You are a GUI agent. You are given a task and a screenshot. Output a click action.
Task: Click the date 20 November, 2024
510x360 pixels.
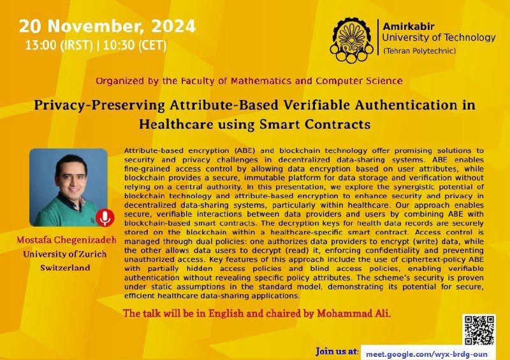coord(108,26)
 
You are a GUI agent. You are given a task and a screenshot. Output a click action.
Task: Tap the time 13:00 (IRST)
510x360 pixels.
coord(59,45)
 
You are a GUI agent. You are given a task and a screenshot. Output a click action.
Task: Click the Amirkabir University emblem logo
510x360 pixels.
coord(351,40)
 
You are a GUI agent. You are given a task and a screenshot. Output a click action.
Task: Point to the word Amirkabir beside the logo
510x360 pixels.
coord(409,26)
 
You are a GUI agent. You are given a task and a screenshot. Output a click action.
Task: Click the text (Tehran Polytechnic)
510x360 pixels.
coord(419,51)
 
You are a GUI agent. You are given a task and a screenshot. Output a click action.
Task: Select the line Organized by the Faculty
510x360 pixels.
coord(249,81)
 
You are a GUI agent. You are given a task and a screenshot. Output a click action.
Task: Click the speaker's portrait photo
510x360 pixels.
coord(68,187)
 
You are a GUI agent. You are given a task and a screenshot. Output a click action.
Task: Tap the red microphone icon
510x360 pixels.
coord(105,218)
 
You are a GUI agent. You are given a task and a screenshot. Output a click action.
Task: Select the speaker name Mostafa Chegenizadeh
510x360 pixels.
coord(67,240)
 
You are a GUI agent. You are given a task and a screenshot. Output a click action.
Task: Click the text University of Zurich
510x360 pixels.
coord(65,254)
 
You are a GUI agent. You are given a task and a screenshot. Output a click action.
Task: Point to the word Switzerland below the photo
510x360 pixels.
coord(65,268)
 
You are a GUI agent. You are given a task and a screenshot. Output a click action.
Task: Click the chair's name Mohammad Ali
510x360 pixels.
coord(354,313)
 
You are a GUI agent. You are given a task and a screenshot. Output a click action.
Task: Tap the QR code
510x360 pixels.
coord(479,330)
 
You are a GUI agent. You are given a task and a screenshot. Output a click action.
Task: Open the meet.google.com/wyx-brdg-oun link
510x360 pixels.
coord(426,354)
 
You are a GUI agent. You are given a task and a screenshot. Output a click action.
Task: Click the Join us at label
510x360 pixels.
coord(337,352)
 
